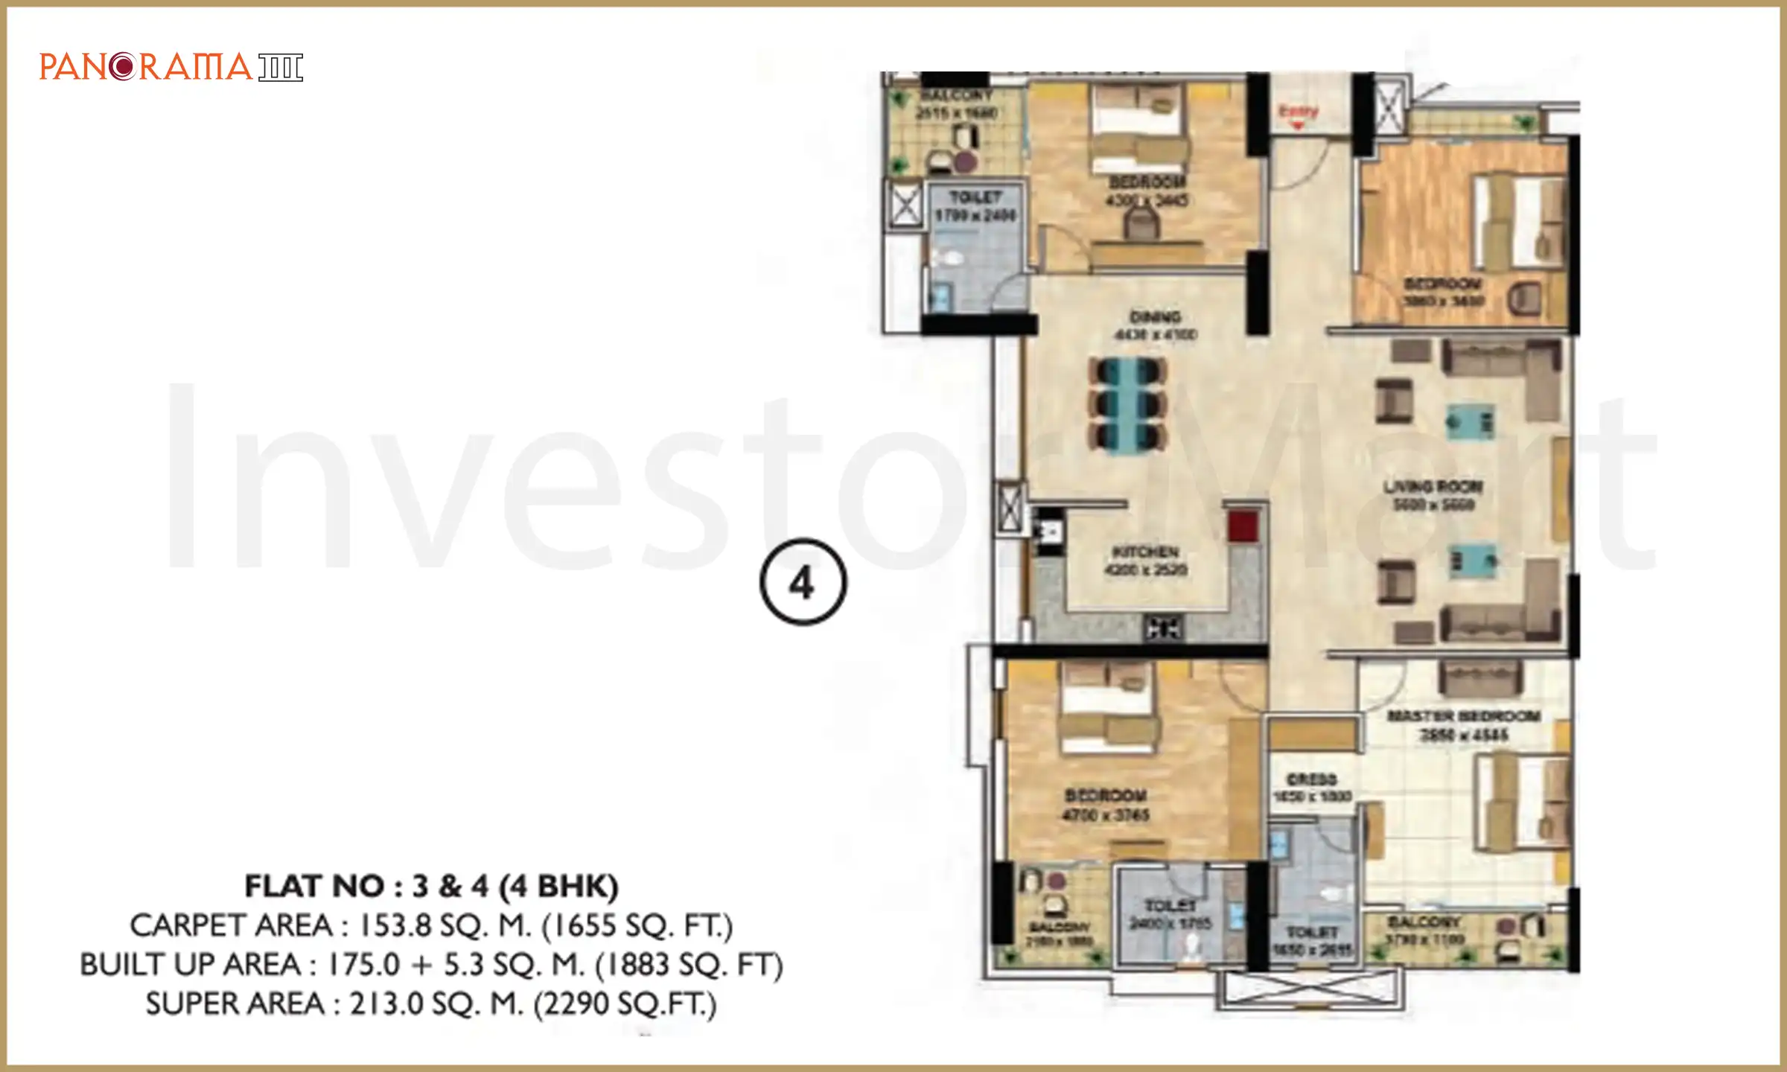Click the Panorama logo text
pos(146,67)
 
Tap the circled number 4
pos(803,582)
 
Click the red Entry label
pos(1298,112)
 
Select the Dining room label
pos(1155,317)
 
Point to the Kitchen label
pos(1145,552)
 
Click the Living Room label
pos(1433,487)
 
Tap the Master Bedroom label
pos(1464,716)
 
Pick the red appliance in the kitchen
pos(1243,526)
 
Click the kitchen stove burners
pos(1163,628)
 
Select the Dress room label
pos(1312,779)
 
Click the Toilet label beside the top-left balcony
pos(975,197)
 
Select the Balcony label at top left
pos(956,95)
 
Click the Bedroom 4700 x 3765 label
pos(1106,795)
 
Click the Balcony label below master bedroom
pos(1424,922)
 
